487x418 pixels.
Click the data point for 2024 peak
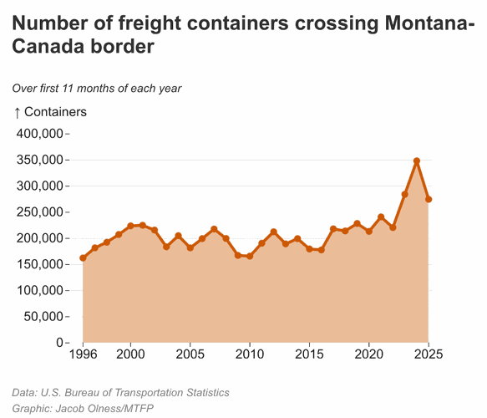[416, 161]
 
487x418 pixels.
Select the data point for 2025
[429, 199]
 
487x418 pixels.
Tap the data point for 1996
[83, 258]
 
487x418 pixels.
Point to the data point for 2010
[250, 256]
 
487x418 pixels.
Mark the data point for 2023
[404, 194]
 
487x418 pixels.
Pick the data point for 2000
[130, 226]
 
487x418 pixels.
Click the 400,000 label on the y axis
[40, 134]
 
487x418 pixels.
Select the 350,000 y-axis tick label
[40, 160]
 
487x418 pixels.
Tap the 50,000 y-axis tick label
[43, 317]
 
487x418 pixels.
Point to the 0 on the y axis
[59, 343]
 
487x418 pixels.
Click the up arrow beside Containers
[17, 112]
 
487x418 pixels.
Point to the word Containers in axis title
[55, 111]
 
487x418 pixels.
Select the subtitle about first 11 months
[97, 88]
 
